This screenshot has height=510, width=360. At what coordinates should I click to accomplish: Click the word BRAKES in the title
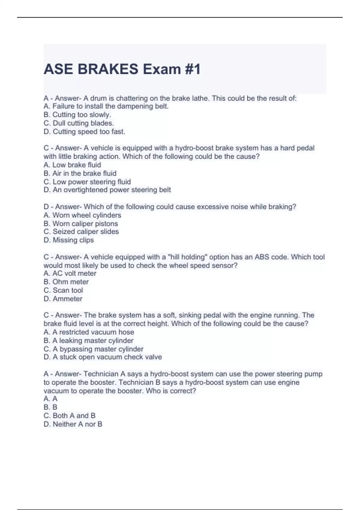(108, 69)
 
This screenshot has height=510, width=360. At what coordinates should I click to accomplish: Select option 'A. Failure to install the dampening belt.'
(106, 106)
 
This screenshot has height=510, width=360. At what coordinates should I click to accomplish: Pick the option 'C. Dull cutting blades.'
(79, 123)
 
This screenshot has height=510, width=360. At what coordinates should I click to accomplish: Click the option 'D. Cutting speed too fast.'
(84, 131)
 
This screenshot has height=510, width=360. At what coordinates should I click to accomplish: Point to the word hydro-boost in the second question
(194, 148)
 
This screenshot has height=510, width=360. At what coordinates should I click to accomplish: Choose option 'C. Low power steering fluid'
(87, 182)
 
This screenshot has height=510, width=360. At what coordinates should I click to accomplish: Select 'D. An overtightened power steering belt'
(107, 190)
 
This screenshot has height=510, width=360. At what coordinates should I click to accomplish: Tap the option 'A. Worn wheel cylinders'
(82, 215)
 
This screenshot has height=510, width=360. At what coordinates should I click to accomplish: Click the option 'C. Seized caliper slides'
(81, 232)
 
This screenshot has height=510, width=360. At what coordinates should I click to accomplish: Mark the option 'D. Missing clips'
(69, 240)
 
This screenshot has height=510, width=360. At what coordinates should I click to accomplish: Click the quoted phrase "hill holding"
(187, 257)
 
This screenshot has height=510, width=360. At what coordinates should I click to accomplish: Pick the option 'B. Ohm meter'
(66, 282)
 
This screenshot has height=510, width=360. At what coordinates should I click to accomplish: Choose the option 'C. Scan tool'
(63, 290)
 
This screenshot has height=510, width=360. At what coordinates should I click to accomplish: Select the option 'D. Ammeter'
(63, 298)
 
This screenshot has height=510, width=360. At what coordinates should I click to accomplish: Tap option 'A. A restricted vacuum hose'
(88, 332)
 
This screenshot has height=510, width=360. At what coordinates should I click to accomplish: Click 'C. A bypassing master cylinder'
(93, 349)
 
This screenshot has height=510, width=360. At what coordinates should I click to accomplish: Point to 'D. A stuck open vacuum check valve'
(103, 357)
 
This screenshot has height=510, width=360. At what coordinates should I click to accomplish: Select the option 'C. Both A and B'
(69, 415)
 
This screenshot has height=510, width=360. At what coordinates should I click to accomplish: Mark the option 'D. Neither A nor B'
(73, 424)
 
